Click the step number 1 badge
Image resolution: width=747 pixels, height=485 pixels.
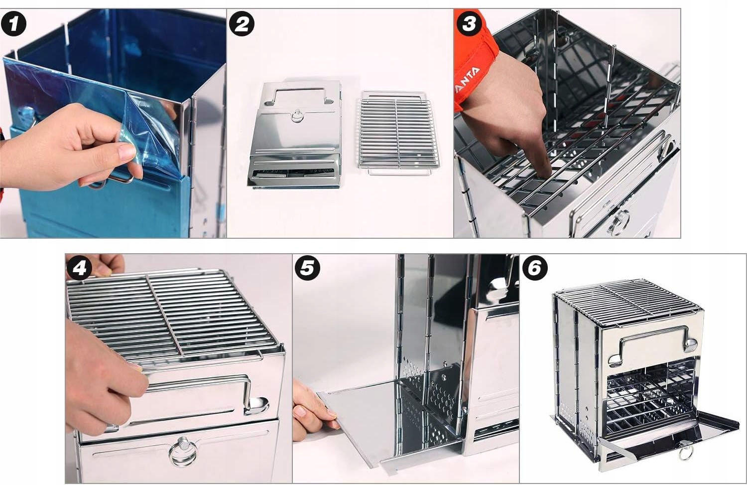13,24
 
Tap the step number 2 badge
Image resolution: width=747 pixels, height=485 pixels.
242,24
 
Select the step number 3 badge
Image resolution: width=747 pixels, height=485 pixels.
469,24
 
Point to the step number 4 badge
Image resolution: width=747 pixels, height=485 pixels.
79,268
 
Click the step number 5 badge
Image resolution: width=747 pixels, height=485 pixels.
307,268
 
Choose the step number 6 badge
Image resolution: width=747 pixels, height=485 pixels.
535,268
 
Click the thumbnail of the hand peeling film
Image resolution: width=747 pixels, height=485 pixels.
126,152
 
